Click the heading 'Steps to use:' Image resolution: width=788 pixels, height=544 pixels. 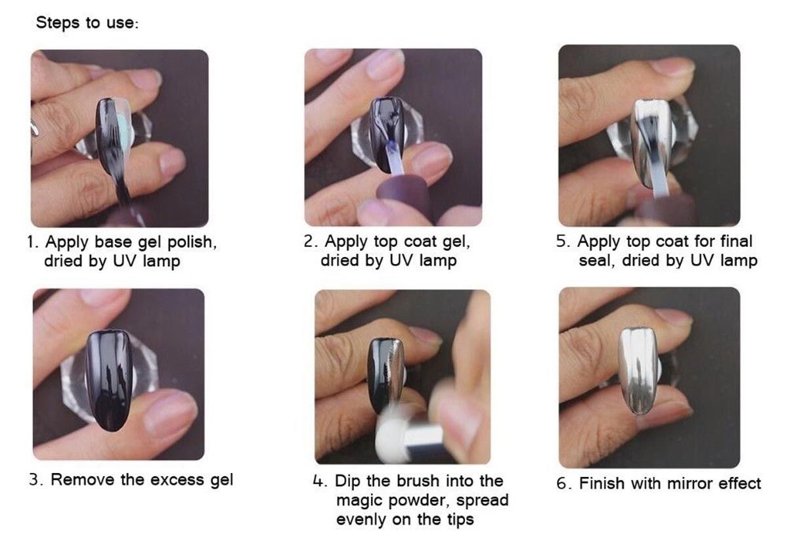[87, 23]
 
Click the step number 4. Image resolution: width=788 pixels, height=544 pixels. [319, 482]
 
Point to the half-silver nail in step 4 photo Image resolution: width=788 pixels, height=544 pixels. [385, 374]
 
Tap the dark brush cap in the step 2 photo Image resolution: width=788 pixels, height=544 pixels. [405, 199]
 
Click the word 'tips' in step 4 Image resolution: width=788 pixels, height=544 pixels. [460, 520]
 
